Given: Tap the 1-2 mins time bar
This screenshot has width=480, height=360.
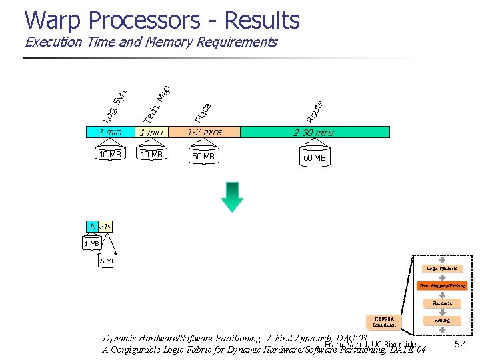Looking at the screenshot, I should pos(204,132).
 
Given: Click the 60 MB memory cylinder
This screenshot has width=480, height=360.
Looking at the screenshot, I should pos(314,157).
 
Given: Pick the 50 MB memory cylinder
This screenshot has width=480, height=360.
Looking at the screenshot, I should pos(203,156).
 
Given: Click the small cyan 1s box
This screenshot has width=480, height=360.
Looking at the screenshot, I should pos(92,227).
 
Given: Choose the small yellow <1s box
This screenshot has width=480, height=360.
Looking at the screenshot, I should pos(105,227).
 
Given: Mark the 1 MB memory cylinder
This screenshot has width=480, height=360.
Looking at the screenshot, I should pos(91,244).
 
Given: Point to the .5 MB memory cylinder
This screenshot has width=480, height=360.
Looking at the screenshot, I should pos(107,261).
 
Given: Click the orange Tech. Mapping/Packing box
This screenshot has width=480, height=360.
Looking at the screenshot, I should pos(442,285).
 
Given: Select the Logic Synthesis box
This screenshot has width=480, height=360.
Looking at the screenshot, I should pos(442,269).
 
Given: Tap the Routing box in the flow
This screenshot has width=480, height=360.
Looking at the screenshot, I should pos(442,320).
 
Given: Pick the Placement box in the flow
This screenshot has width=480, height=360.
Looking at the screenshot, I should pos(442,303).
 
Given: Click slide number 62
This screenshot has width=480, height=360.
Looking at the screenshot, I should pos(459,344).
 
